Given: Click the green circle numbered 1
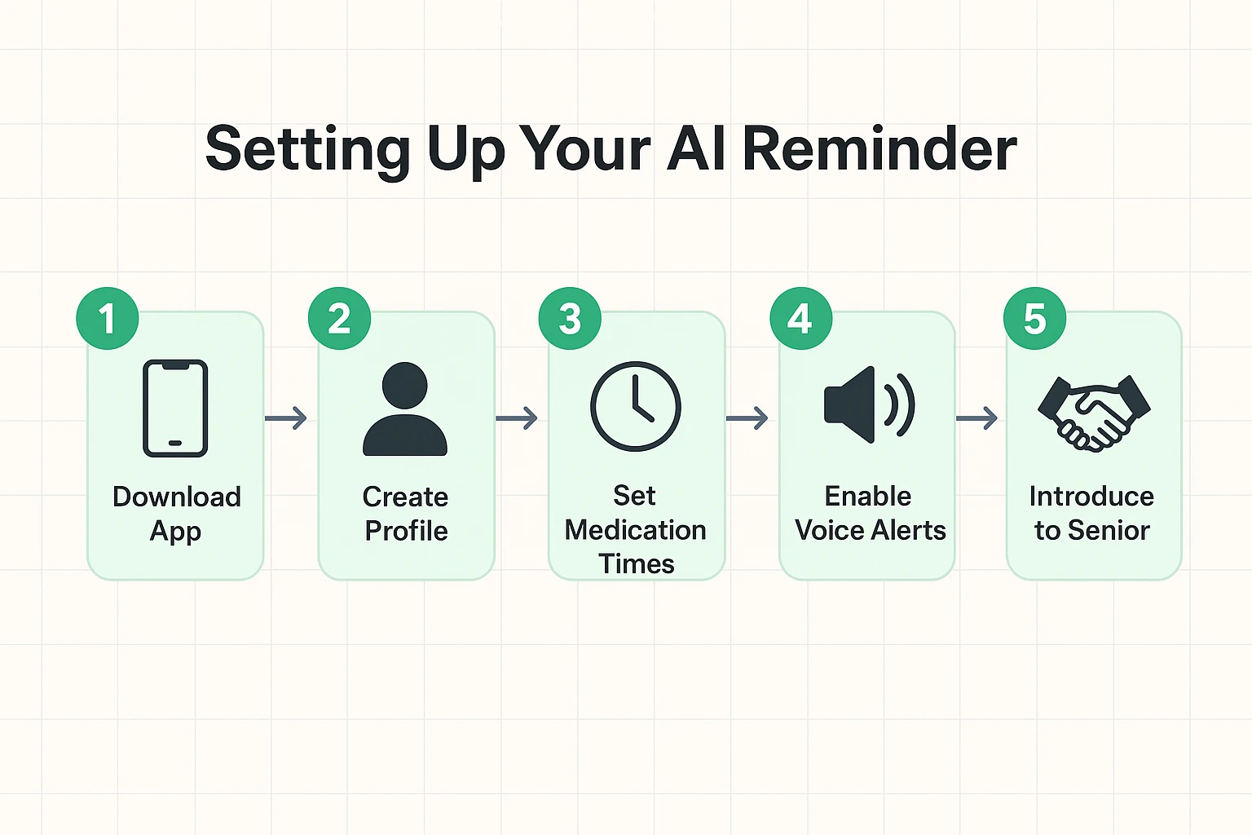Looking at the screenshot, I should coord(108,319).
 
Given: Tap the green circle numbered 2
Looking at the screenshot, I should coord(339,319).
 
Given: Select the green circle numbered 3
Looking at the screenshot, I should coord(570,319).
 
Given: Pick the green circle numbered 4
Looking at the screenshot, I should coord(800,319).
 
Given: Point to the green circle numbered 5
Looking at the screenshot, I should coord(1034,319).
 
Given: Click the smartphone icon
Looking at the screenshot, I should coord(175,408).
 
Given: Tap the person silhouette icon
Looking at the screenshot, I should coord(405,409).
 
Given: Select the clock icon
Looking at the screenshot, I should coord(635,406).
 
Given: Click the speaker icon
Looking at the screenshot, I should coord(868,404).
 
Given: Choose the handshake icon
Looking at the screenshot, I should coord(1094,413).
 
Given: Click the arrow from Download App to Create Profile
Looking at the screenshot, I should coord(286,418).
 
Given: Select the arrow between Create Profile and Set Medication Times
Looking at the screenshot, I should coord(517,418).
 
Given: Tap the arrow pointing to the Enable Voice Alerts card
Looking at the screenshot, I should coord(747,418).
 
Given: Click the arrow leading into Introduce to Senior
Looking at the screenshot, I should coord(976,418).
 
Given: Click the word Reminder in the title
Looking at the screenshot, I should coord(879,149).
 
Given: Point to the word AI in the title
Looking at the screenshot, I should coord(696,149).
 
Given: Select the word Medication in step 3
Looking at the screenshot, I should coord(635,530).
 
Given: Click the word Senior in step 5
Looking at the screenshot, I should coord(1109,531).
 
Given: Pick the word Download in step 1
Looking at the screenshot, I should coord(177,497).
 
